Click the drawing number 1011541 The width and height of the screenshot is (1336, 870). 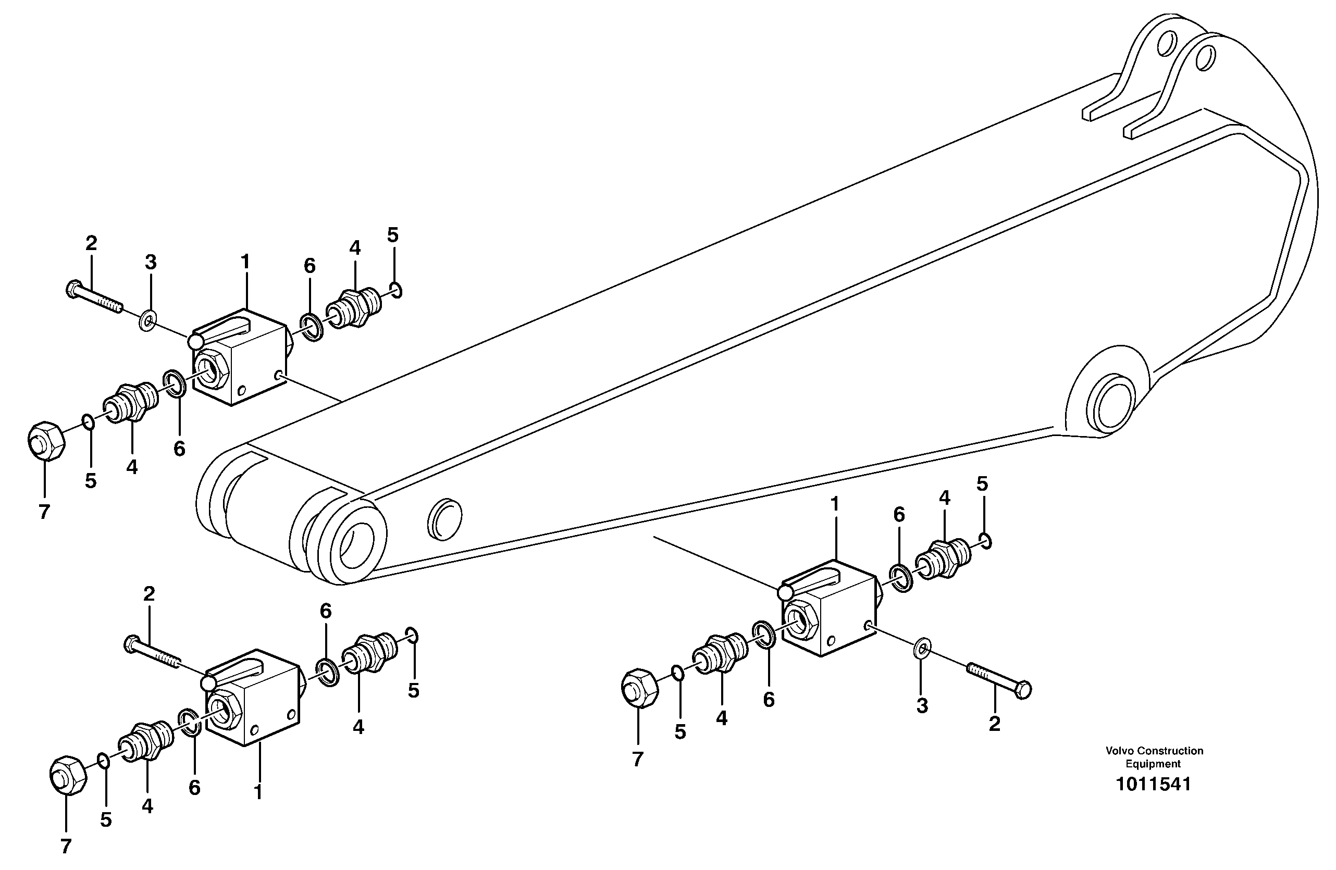pos(1153,784)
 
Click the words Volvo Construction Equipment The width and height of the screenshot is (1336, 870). pos(1154,757)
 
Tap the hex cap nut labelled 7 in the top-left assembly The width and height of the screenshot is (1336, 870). pos(45,441)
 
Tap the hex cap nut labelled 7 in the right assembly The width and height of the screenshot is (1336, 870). pos(639,688)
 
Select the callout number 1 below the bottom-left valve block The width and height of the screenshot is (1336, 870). pos(258,792)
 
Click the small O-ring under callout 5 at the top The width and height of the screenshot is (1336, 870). pos(396,291)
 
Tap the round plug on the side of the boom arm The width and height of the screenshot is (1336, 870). pos(444,519)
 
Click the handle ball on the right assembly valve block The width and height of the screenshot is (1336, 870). pos(785,592)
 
